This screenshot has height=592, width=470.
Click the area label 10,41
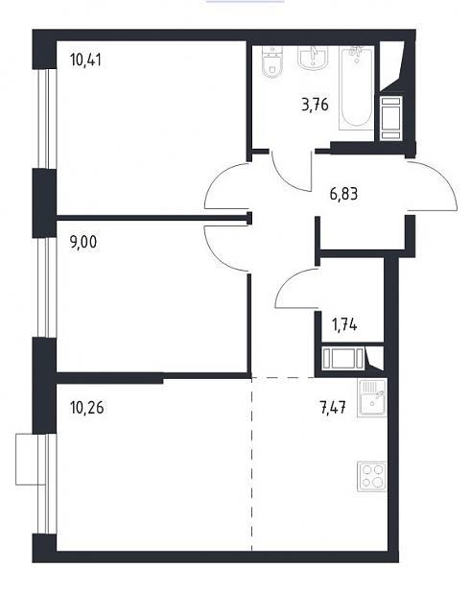(x=85, y=60)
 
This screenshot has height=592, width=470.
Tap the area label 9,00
(x=83, y=242)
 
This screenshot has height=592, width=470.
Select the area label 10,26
(x=87, y=408)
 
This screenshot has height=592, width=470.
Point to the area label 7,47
(x=333, y=408)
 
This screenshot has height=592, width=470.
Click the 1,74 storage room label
(x=344, y=324)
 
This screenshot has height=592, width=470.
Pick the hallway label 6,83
(x=343, y=195)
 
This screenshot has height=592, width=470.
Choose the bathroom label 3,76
(x=316, y=105)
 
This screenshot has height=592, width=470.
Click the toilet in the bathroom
(x=271, y=61)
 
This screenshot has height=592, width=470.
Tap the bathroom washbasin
(x=312, y=58)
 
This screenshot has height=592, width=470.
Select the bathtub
(x=357, y=88)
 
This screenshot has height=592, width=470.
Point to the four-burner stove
(x=372, y=477)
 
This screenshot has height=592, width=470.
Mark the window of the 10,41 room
(x=47, y=119)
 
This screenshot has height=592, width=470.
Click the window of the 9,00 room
(x=47, y=288)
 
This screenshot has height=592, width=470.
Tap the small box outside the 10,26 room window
(x=30, y=459)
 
